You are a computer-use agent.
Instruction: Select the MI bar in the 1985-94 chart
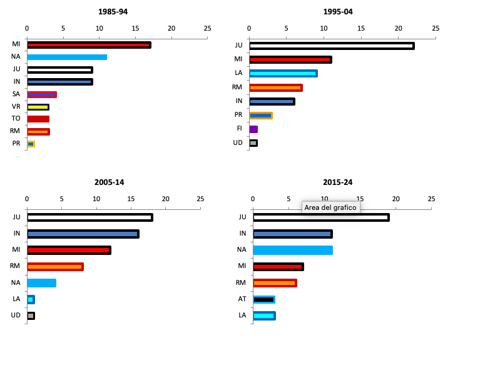point(88,45)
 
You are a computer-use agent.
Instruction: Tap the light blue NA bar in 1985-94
point(66,57)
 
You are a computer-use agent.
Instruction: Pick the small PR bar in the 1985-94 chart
point(31,144)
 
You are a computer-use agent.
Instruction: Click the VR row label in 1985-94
point(16,106)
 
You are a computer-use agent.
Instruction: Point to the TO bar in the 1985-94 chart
point(38,119)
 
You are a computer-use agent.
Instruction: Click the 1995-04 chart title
point(338,12)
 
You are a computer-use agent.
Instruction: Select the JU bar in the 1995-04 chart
point(331,46)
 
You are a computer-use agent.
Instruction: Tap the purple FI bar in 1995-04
point(253,129)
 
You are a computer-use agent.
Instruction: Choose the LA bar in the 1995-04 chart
point(283,73)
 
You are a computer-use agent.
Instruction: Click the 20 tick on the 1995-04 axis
point(398,28)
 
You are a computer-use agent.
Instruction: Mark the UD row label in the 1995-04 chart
point(238,142)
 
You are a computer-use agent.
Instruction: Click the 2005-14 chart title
point(109,182)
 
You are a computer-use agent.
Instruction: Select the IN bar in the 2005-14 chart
point(83,234)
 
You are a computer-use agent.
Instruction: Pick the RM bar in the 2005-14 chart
point(55,267)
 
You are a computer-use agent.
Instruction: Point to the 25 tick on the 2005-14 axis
point(200,199)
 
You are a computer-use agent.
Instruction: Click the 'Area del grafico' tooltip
point(330,207)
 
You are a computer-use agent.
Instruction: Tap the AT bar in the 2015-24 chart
point(264,299)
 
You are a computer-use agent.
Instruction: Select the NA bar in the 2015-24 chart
point(292,250)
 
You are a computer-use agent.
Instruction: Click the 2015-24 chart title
point(337,182)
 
